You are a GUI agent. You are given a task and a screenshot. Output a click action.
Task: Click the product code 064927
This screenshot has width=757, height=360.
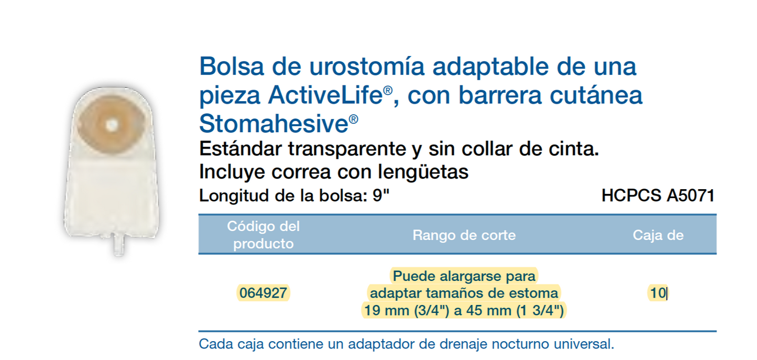pyautogui.click(x=263, y=293)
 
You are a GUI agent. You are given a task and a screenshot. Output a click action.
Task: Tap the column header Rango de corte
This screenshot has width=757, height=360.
pyautogui.click(x=464, y=235)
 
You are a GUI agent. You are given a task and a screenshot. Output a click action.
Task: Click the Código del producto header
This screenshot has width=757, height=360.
pyautogui.click(x=263, y=235)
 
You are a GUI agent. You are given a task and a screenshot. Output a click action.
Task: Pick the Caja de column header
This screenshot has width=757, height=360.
pyautogui.click(x=658, y=235)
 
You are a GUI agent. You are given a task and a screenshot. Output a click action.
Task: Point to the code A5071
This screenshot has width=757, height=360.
pyautogui.click(x=690, y=196)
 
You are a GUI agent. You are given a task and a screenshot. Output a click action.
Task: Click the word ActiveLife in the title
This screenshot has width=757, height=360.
pyautogui.click(x=325, y=96)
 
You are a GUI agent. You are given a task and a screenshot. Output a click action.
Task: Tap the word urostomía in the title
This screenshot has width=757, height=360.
pyautogui.click(x=355, y=67)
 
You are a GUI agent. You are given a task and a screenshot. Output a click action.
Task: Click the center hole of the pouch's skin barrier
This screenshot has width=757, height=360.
pyautogui.click(x=111, y=125)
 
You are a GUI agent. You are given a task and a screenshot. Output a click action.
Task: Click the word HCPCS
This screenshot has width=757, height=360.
pyautogui.click(x=631, y=196)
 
